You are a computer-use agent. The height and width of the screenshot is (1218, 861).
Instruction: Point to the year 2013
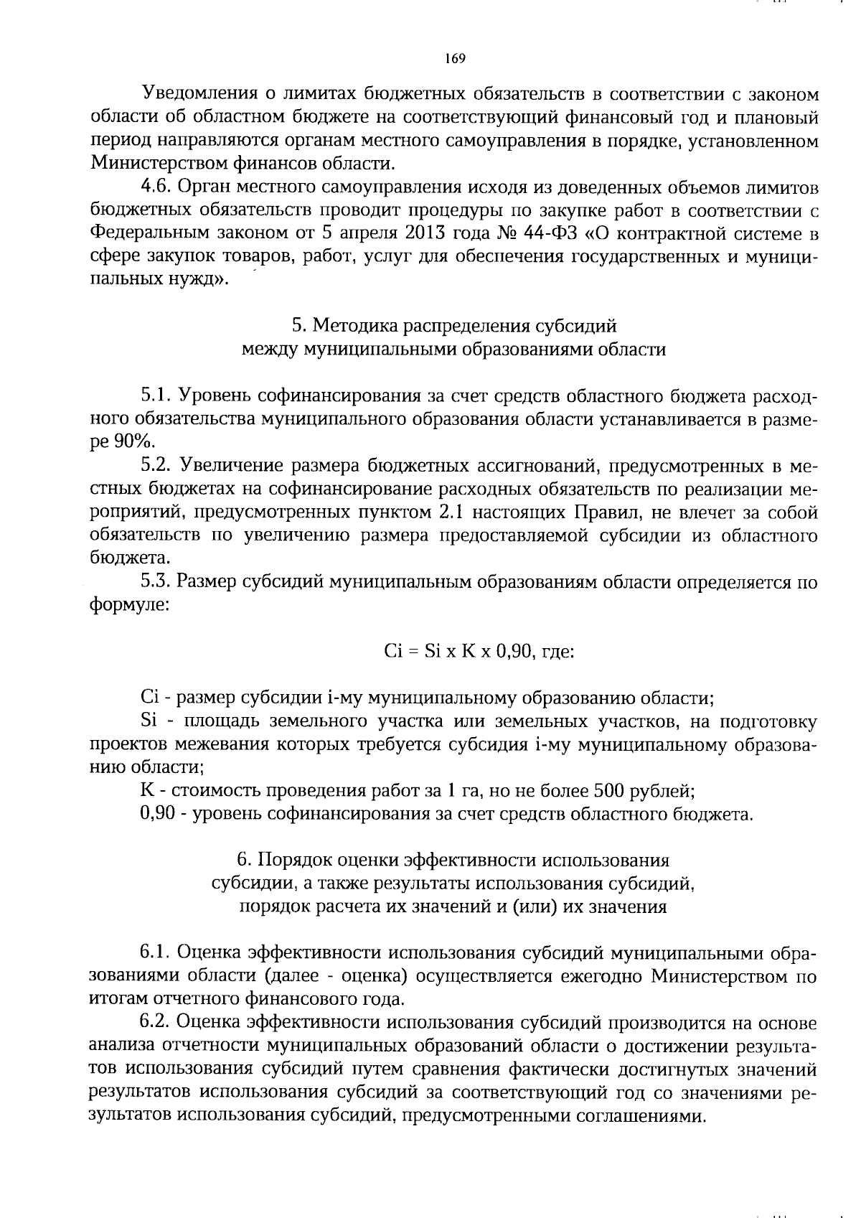tap(408, 233)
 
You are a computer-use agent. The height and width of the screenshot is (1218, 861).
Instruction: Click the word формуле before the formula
tap(128, 605)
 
